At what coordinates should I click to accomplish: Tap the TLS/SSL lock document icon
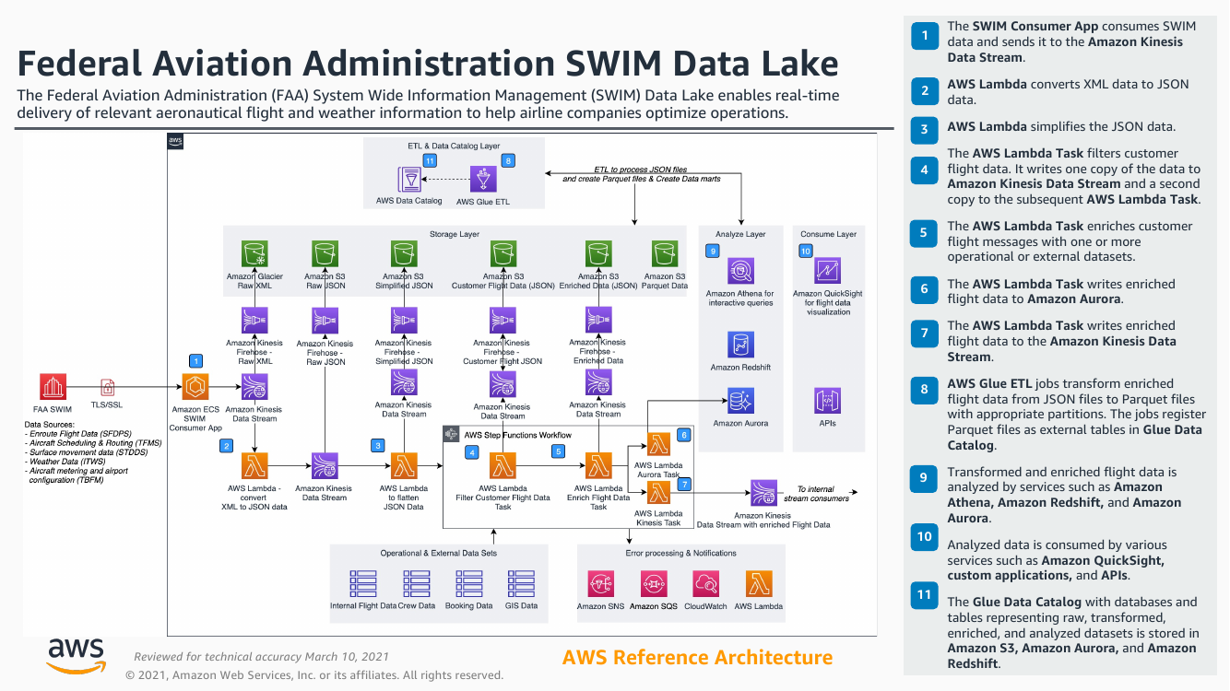tap(108, 387)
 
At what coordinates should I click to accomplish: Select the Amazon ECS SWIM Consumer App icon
tap(195, 387)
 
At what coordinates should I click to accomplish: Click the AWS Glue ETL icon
tap(483, 179)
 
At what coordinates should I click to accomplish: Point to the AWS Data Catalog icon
tap(409, 179)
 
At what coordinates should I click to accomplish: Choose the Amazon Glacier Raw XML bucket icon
tap(254, 253)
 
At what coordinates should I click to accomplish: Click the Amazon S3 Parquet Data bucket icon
tap(665, 253)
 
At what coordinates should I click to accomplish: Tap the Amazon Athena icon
tap(740, 271)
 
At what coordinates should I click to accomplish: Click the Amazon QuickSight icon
tap(828, 271)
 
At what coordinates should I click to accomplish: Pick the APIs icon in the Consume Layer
tap(828, 401)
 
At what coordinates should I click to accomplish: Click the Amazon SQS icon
tap(654, 583)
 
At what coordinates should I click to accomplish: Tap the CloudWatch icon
tap(707, 583)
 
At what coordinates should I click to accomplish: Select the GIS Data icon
tap(521, 583)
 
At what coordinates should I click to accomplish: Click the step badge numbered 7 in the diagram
tap(684, 484)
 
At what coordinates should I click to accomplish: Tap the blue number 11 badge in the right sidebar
tap(924, 595)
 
